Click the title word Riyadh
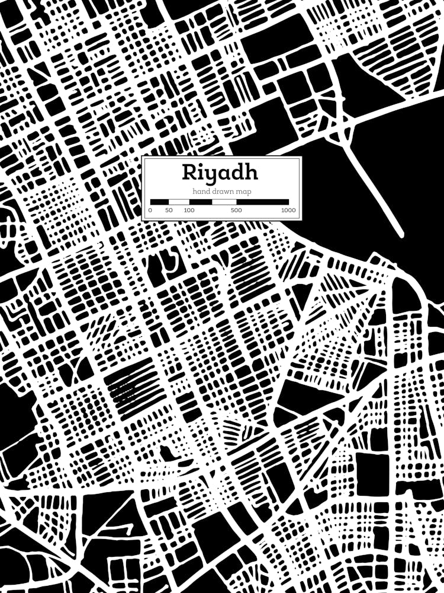coord(220,173)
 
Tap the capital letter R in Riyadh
coord(189,172)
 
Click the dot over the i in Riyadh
coord(201,165)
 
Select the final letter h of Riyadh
coord(251,172)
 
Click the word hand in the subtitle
coord(201,191)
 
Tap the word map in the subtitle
coord(243,192)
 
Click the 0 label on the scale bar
coord(150,211)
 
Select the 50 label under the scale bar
coord(169,211)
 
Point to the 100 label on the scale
coord(189,211)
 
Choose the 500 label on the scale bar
coord(236,211)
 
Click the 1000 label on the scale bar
coord(288,211)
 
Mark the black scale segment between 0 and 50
coord(159,202)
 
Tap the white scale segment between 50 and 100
coord(179,202)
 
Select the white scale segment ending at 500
coord(224,202)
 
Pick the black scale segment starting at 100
coord(200,202)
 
